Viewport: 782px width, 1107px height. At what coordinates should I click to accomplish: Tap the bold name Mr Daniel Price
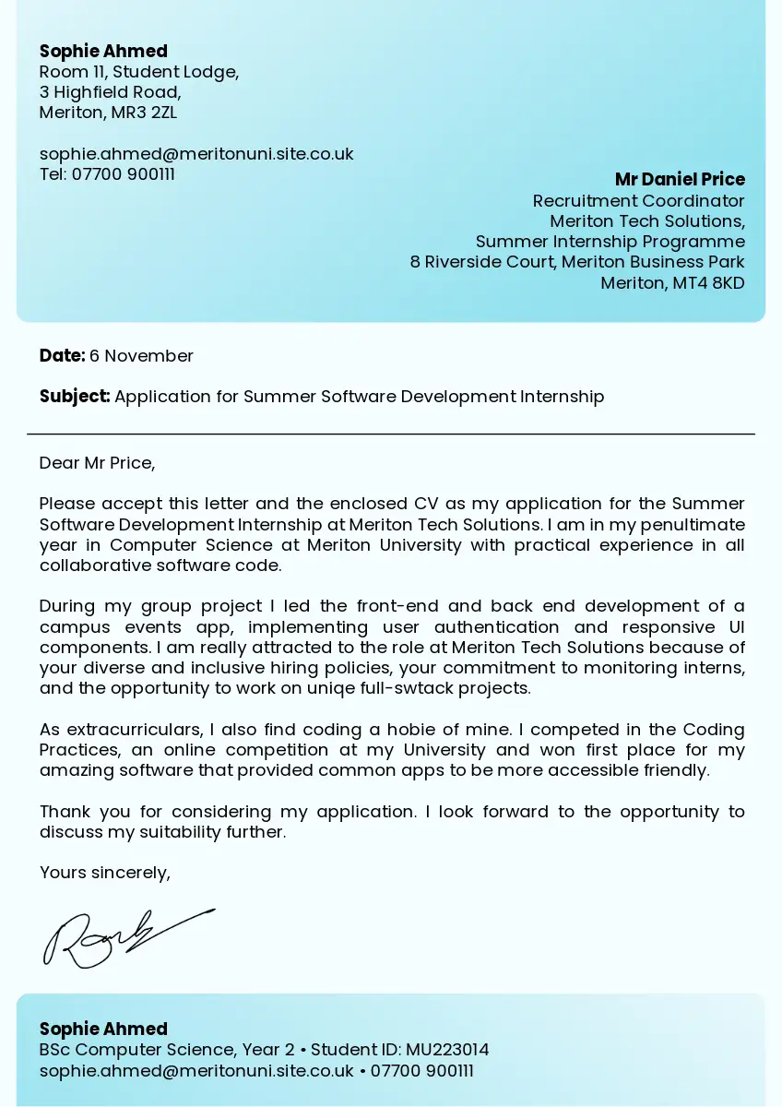(680, 179)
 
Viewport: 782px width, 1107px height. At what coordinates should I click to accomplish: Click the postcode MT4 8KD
(708, 283)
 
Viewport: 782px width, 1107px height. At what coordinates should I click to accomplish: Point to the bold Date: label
(62, 356)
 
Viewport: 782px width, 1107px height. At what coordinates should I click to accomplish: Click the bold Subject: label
(75, 397)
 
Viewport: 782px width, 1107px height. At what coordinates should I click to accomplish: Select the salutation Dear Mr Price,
(97, 463)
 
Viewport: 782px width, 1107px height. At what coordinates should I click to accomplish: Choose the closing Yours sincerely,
(104, 873)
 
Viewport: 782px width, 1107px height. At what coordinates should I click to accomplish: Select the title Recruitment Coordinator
(638, 201)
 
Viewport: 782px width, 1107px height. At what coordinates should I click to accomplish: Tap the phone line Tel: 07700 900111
(107, 174)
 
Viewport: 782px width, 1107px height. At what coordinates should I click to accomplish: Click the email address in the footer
(196, 1071)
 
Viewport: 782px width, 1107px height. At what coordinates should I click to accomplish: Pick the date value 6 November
(141, 356)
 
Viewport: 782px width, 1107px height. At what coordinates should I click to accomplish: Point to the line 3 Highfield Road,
(110, 92)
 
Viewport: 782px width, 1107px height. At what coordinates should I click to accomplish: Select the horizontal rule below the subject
(391, 434)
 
